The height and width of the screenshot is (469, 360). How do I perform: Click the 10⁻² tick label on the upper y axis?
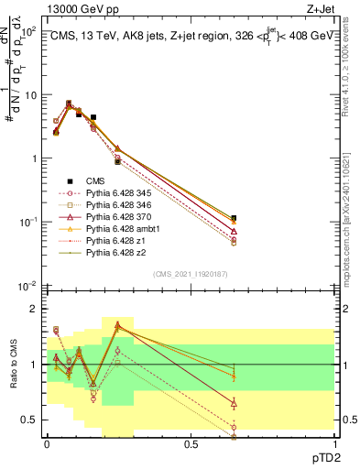coord(27,286)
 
